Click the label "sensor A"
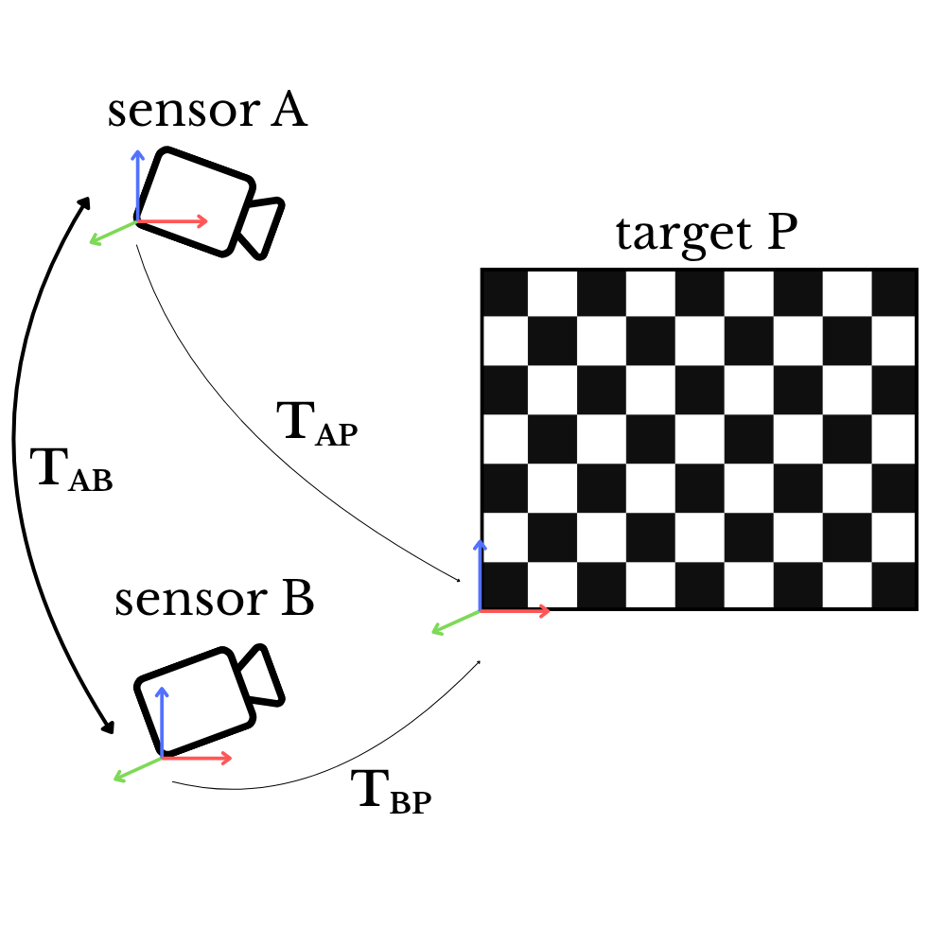tap(207, 111)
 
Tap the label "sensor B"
tap(214, 601)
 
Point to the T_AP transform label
tap(318, 423)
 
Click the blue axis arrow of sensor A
tap(137, 184)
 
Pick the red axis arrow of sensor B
tap(198, 758)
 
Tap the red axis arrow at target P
tap(516, 611)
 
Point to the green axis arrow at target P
tap(454, 622)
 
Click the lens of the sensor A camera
tap(263, 227)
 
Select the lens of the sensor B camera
tap(262, 677)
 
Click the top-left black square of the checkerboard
tap(505, 293)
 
